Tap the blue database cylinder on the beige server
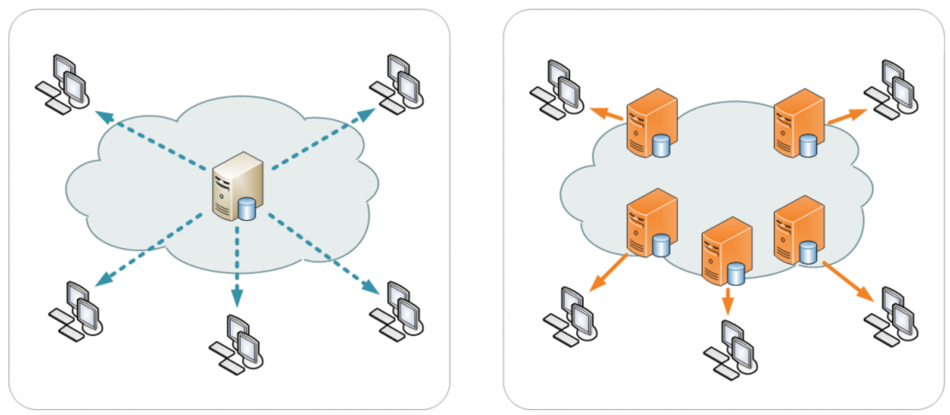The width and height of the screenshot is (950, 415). pyautogui.click(x=247, y=209)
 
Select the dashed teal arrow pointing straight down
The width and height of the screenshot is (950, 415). pyautogui.click(x=237, y=266)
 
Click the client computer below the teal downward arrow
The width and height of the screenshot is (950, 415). pyautogui.click(x=237, y=344)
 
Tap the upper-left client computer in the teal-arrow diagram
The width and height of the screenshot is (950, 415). pyautogui.click(x=63, y=84)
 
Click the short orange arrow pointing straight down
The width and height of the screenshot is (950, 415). pyautogui.click(x=728, y=301)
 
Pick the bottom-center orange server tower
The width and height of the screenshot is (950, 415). pyautogui.click(x=722, y=250)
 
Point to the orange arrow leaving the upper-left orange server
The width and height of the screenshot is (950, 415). pyautogui.click(x=606, y=113)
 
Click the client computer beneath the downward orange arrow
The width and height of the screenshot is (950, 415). pyautogui.click(x=731, y=349)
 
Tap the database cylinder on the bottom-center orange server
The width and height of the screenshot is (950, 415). pyautogui.click(x=736, y=273)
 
